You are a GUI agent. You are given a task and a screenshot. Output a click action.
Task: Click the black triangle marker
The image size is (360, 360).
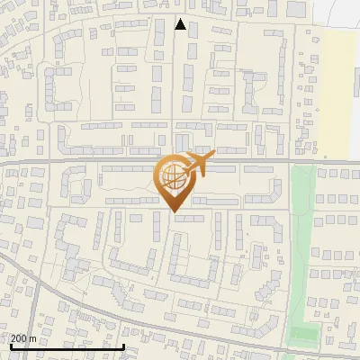point(181,24)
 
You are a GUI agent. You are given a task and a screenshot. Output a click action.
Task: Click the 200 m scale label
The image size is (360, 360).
point(23,338)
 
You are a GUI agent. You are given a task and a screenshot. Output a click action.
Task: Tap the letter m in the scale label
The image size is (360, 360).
point(33,338)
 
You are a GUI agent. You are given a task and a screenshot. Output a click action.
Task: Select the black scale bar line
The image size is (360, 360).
point(67,346)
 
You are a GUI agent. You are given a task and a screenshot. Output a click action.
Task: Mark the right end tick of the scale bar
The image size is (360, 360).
point(123,345)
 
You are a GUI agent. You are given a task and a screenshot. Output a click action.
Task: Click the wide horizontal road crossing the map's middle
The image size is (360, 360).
point(90,161)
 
